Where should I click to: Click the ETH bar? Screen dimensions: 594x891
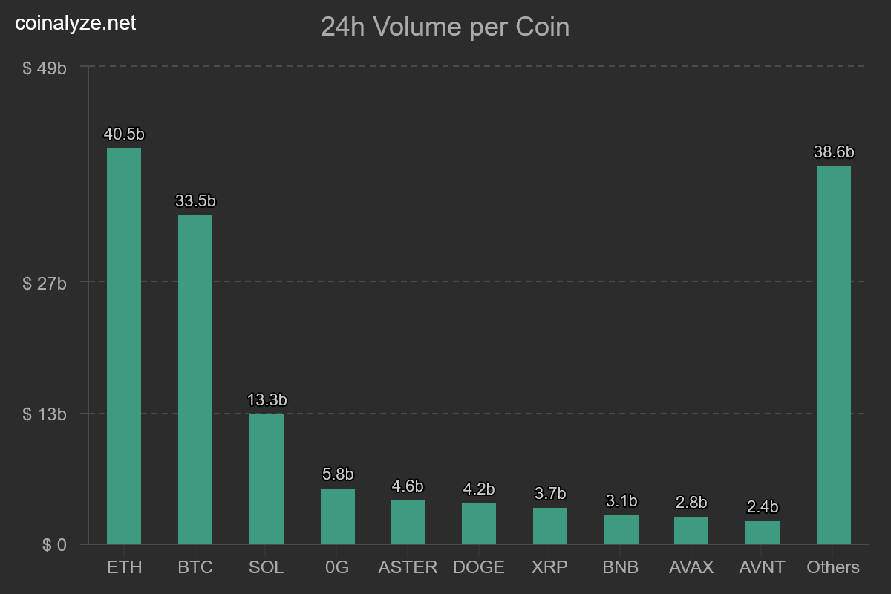point(124,346)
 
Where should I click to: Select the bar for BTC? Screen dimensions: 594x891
point(195,379)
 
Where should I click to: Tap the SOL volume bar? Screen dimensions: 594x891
point(267,479)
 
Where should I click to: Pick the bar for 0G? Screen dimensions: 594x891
point(338,516)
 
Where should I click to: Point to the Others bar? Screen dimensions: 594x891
point(834,355)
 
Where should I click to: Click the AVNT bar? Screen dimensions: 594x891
point(763,532)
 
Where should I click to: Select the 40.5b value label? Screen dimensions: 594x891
point(124,134)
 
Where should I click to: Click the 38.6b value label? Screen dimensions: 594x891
point(834,152)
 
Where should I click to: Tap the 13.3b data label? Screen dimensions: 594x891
point(267,400)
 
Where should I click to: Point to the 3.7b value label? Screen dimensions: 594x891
point(550,494)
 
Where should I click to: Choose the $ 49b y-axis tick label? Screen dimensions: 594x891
point(45,68)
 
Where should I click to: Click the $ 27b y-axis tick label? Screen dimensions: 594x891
point(45,283)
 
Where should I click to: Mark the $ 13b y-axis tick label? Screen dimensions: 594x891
point(45,414)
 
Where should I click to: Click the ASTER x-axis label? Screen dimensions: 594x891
point(408,567)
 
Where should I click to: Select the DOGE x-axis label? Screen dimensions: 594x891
point(479,567)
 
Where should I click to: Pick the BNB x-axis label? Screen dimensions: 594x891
point(621,567)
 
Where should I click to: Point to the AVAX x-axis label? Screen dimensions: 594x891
point(691,567)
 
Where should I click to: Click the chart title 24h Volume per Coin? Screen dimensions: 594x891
point(445,27)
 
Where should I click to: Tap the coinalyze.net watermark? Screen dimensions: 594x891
point(76,23)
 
